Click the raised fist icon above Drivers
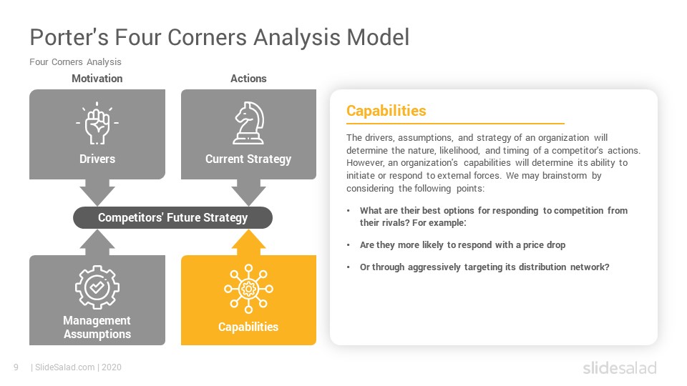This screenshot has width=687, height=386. click(97, 124)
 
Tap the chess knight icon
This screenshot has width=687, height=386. click(248, 124)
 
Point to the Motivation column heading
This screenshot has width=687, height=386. click(97, 79)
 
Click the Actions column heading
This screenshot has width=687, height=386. click(248, 79)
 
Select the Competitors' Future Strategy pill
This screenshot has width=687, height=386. click(172, 217)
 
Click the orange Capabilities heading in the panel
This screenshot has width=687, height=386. click(386, 111)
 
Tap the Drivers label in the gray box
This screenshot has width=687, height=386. click(97, 159)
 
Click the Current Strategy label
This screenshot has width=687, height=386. click(248, 159)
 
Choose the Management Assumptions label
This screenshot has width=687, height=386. click(97, 327)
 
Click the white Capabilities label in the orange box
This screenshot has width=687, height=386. click(248, 327)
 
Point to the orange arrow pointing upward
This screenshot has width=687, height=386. click(248, 242)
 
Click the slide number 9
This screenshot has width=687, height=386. click(16, 367)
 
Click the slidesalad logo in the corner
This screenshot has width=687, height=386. click(619, 368)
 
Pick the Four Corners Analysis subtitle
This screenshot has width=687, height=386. click(75, 62)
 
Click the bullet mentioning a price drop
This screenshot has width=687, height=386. click(462, 244)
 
